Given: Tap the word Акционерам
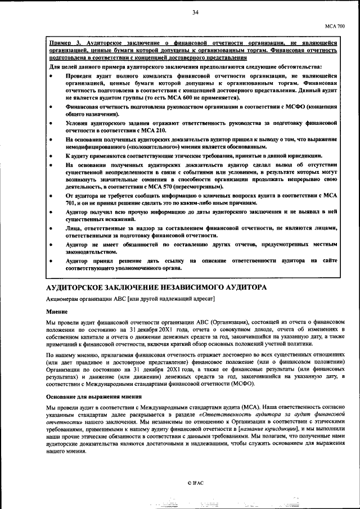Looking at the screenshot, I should (x=63, y=298).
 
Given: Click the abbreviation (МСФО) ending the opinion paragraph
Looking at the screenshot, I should (x=241, y=384).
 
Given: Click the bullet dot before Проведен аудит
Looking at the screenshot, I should (x=52, y=75).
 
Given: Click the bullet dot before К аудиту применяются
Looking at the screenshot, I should (x=52, y=156).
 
